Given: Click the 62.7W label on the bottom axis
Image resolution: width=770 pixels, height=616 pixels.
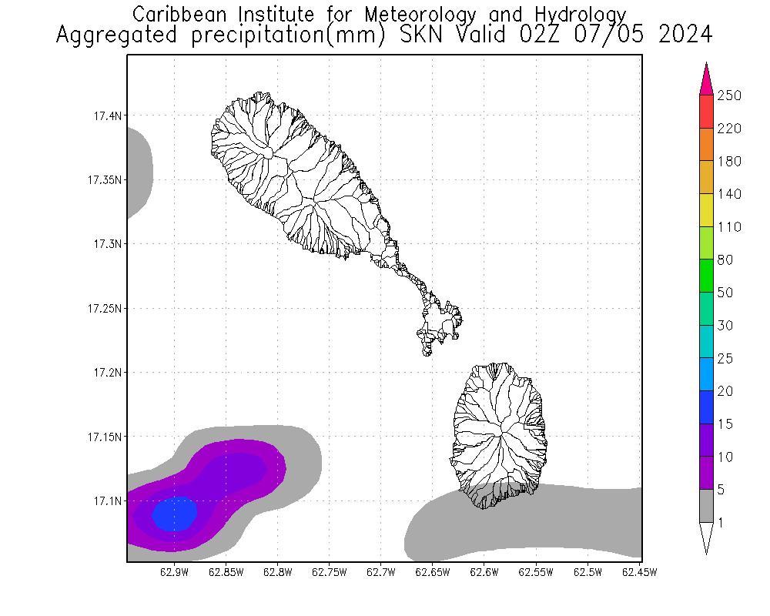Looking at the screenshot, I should [380, 572].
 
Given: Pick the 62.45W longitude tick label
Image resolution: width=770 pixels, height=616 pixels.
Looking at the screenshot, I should [638, 572].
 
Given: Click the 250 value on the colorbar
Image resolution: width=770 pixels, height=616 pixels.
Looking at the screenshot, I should [728, 96].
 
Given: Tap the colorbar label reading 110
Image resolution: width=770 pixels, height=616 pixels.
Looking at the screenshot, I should [728, 228].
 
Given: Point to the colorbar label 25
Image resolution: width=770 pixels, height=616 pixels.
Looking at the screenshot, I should [725, 360].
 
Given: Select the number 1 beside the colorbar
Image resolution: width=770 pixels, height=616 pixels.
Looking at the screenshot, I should [721, 524].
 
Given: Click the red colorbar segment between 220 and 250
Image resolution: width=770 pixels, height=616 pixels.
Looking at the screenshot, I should [706, 112].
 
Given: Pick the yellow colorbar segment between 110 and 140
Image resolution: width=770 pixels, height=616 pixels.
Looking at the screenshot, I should [706, 210].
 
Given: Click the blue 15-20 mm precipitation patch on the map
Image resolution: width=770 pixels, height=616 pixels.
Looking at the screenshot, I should [175, 513].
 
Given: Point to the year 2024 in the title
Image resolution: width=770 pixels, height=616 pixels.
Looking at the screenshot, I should [685, 35].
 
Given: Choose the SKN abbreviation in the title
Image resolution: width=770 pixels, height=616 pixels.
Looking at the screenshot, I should [415, 35].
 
